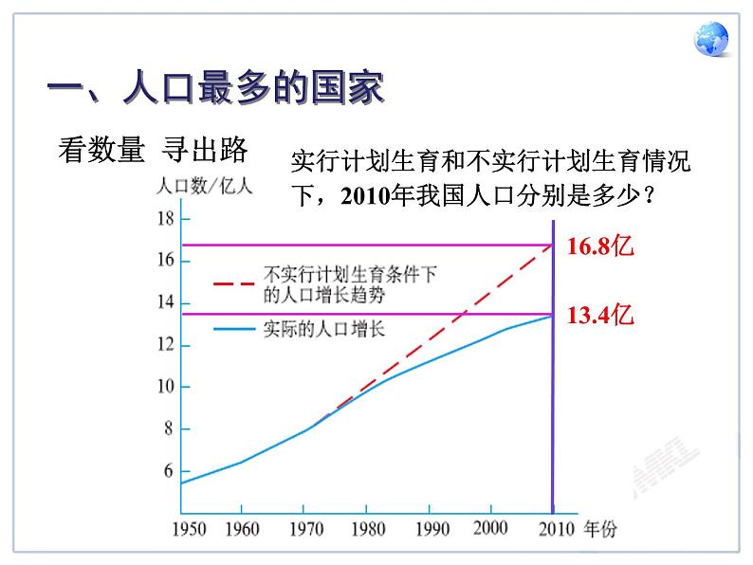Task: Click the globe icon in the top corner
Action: click(711, 41)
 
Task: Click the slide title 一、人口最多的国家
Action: click(216, 91)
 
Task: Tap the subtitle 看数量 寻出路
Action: click(153, 149)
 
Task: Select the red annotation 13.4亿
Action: click(599, 315)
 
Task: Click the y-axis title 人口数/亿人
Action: click(204, 188)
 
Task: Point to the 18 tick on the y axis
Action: click(164, 219)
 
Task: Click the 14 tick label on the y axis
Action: click(164, 303)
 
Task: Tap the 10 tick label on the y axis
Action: click(164, 387)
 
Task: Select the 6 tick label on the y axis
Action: click(169, 471)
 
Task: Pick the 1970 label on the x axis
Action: click(303, 529)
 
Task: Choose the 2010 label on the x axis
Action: click(552, 529)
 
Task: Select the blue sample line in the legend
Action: click(235, 329)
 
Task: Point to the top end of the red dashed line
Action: click(551, 246)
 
